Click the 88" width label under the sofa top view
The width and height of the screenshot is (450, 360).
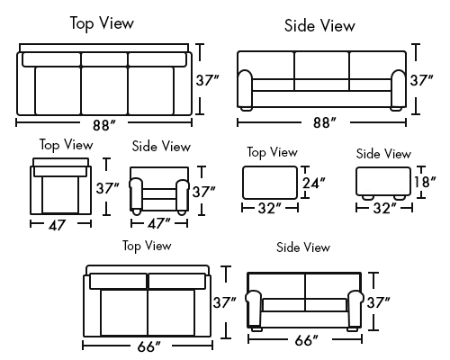click(x=103, y=125)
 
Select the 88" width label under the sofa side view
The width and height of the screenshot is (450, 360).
click(x=324, y=122)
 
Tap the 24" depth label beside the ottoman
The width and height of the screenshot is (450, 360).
click(x=313, y=183)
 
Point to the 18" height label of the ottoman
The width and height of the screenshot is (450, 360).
click(x=425, y=182)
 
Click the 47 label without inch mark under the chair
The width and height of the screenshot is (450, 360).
click(x=57, y=226)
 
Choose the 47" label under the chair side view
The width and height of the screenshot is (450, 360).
click(x=158, y=223)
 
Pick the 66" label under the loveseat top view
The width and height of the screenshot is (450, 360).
click(x=148, y=346)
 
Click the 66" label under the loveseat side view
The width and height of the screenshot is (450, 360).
click(x=306, y=340)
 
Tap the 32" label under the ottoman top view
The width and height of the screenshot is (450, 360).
click(x=270, y=208)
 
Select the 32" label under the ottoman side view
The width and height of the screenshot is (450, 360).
click(x=385, y=208)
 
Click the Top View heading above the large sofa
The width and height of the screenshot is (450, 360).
click(x=102, y=23)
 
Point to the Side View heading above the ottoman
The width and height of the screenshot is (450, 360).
click(x=383, y=154)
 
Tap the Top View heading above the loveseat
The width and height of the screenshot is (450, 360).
click(x=147, y=246)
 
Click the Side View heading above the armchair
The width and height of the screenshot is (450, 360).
click(x=161, y=147)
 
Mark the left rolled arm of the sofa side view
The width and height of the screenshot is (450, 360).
click(x=246, y=88)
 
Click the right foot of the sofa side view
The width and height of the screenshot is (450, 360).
click(x=396, y=109)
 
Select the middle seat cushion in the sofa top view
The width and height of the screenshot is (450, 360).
click(x=104, y=90)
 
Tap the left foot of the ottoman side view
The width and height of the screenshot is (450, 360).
click(x=367, y=197)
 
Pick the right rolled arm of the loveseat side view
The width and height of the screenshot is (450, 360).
click(x=355, y=309)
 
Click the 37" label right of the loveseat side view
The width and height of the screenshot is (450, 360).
click(x=378, y=302)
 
